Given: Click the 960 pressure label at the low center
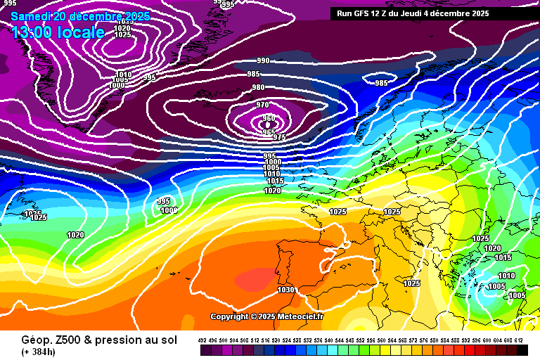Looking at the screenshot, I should [267, 118].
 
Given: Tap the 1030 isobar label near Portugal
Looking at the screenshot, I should [285, 290].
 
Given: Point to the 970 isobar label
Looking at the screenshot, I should [263, 105].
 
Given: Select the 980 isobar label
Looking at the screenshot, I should [259, 88].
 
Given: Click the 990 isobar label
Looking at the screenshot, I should [263, 61].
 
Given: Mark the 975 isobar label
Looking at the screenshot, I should [279, 137].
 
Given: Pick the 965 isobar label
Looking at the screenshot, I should [269, 132].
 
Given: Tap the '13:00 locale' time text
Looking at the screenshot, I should [58, 32].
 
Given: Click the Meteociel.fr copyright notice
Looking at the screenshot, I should [266, 317].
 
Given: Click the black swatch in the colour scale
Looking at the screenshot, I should [522, 350].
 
